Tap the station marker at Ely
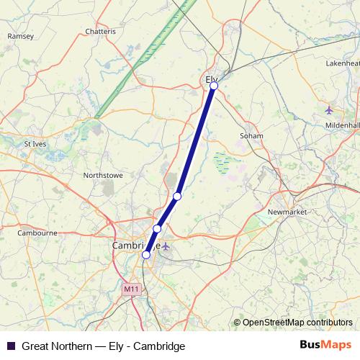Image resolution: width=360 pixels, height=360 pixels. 214,86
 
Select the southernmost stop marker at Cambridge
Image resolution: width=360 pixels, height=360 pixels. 146,254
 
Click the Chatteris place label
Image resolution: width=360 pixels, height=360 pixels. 100,32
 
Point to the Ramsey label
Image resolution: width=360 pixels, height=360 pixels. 21,36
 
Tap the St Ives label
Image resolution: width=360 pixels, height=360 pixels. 35,143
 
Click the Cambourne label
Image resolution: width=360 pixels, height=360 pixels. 37,233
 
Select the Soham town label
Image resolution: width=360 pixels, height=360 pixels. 251,135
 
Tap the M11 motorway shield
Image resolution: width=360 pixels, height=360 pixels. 130,289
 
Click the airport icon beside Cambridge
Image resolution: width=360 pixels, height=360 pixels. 166,247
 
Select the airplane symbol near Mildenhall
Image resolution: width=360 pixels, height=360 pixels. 329,109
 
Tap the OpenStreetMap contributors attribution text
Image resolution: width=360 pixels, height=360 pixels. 297,323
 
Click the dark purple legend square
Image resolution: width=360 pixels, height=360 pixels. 11,346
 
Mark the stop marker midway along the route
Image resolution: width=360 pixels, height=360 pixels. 177,196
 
